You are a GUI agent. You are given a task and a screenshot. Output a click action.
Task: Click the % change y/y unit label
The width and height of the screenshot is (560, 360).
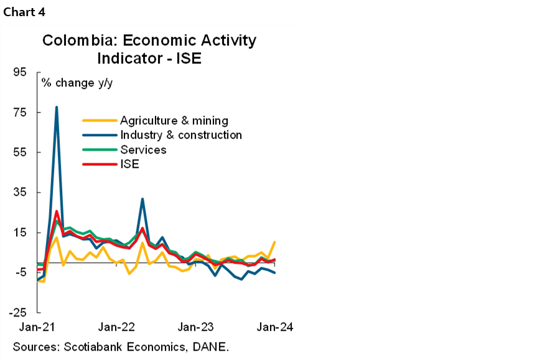[77, 82]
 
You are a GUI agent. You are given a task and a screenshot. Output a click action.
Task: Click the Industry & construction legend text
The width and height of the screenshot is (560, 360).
[181, 135]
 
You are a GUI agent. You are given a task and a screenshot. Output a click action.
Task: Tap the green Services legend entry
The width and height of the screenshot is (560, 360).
[143, 150]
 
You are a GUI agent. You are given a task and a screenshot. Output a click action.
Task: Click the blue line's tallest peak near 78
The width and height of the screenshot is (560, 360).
[57, 107]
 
